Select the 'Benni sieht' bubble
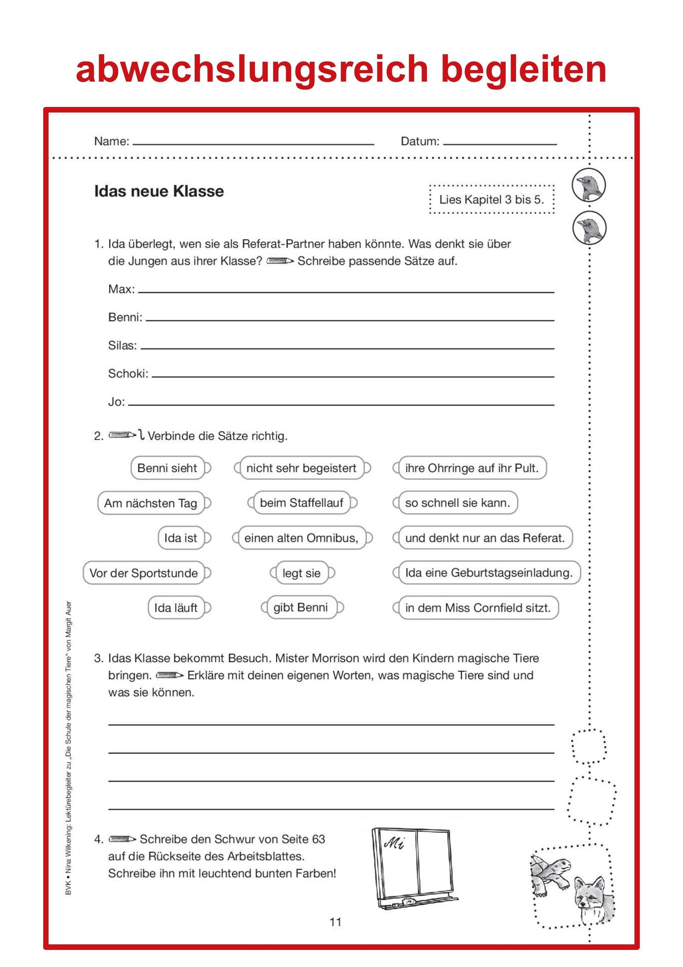point(168,468)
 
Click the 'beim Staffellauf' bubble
point(302,503)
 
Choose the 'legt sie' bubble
point(302,573)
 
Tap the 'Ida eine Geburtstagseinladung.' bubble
point(489,573)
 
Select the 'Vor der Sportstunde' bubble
point(143,573)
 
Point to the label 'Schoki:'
point(128,374)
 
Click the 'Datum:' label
point(419,142)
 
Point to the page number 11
point(336,922)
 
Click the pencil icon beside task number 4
point(122,839)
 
